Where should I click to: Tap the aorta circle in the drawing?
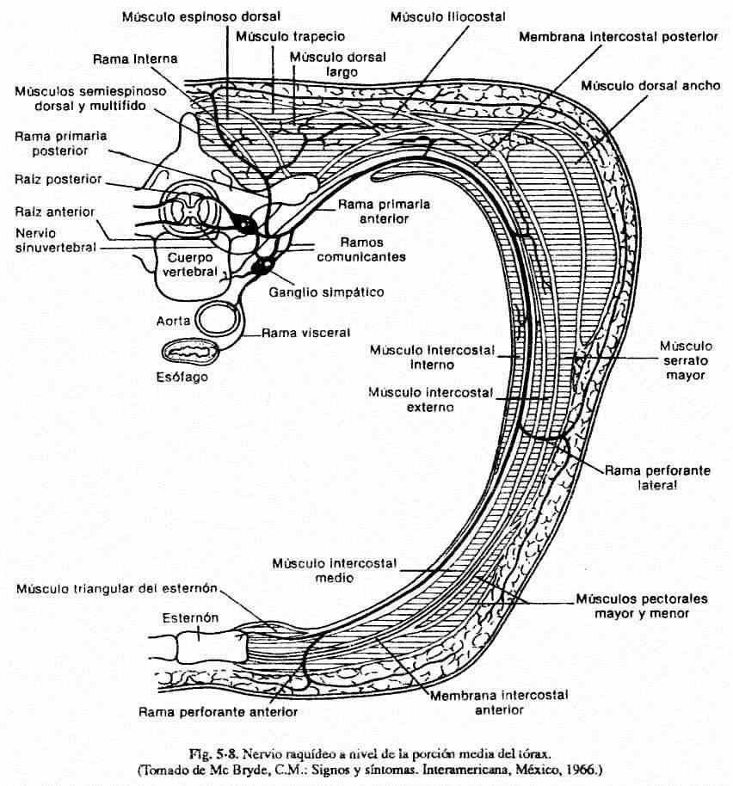pyautogui.click(x=220, y=319)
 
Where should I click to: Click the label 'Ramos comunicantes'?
pyautogui.click(x=360, y=249)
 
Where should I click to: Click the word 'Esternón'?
pyautogui.click(x=190, y=617)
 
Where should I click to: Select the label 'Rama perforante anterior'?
pyautogui.click(x=218, y=712)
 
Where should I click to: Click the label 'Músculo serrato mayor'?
pyautogui.click(x=683, y=360)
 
